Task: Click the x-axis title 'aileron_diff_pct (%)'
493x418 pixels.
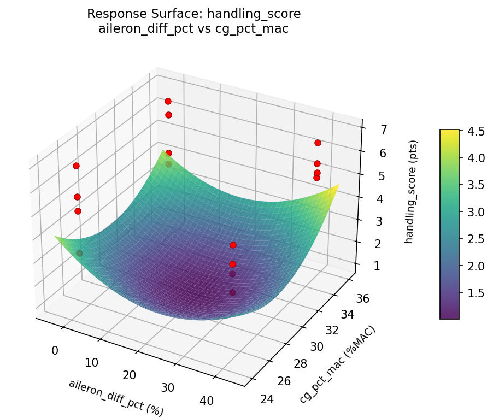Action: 116,397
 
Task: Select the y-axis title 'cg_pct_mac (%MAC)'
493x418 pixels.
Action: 338,365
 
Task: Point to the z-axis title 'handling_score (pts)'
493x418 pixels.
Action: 414,192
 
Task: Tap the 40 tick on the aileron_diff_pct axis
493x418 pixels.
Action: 207,401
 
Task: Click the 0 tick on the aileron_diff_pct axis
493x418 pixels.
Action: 55,350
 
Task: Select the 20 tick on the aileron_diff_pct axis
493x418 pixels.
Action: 129,375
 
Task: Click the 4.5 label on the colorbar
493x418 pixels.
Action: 476,131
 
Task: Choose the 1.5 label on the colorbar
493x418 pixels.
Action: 476,293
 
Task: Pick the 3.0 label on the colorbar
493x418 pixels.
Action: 476,212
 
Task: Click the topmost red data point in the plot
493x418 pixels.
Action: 168,101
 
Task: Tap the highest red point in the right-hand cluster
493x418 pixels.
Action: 318,143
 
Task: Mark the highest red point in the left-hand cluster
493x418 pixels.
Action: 76,166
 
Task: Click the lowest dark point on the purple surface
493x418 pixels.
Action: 232,292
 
